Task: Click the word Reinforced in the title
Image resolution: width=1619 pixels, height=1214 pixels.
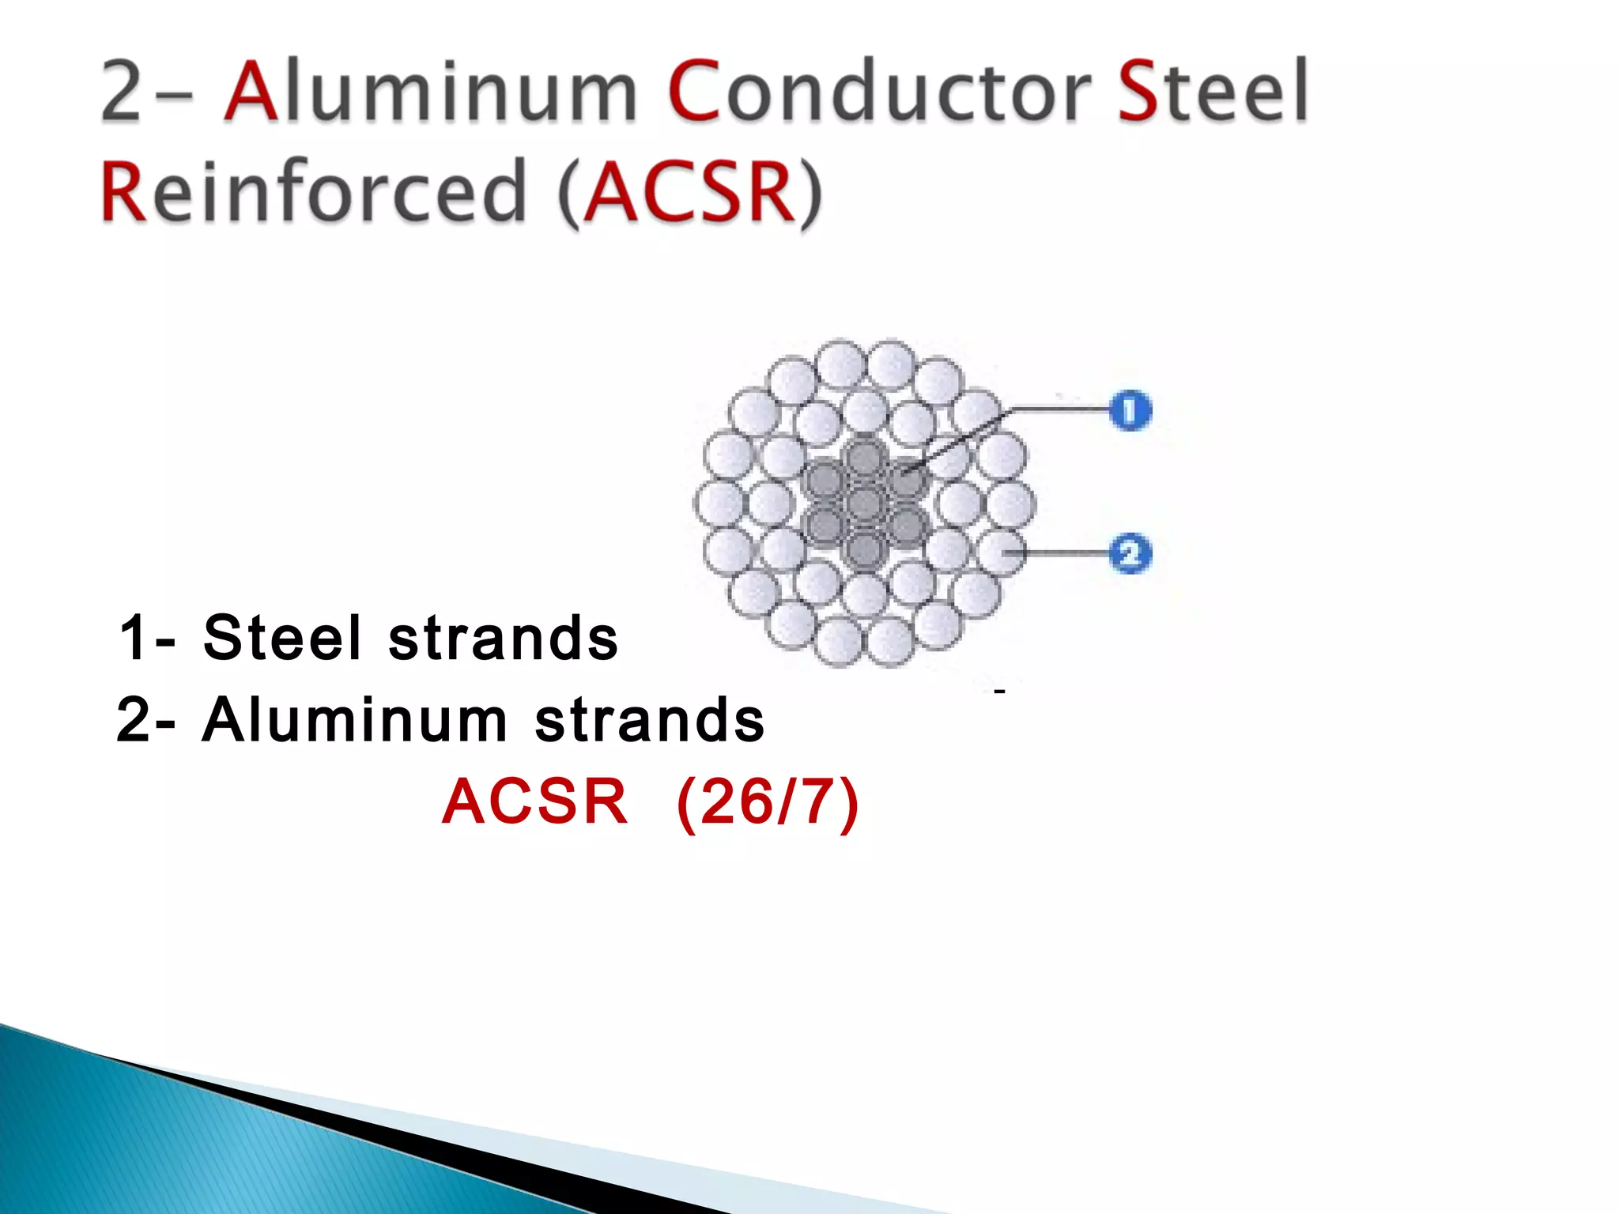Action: point(314,190)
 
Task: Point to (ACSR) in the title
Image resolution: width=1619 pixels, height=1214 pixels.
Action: point(689,192)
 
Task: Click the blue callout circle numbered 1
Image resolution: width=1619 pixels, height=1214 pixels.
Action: point(1130,411)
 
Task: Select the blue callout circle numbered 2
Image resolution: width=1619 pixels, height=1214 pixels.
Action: point(1130,553)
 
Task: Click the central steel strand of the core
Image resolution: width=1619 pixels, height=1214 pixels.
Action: point(865,503)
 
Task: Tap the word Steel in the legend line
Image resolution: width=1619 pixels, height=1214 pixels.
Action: point(282,638)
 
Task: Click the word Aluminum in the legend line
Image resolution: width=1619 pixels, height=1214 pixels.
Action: point(354,720)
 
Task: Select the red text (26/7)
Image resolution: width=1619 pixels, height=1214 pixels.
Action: point(768,802)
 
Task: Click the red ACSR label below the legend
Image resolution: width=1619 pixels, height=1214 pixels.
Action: point(534,802)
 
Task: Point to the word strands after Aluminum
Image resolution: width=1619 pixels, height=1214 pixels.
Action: point(650,720)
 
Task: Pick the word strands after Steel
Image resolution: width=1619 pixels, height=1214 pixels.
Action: point(503,638)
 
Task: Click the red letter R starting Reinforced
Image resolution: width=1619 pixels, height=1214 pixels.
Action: point(126,192)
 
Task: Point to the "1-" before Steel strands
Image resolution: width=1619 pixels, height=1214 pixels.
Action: point(147,638)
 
